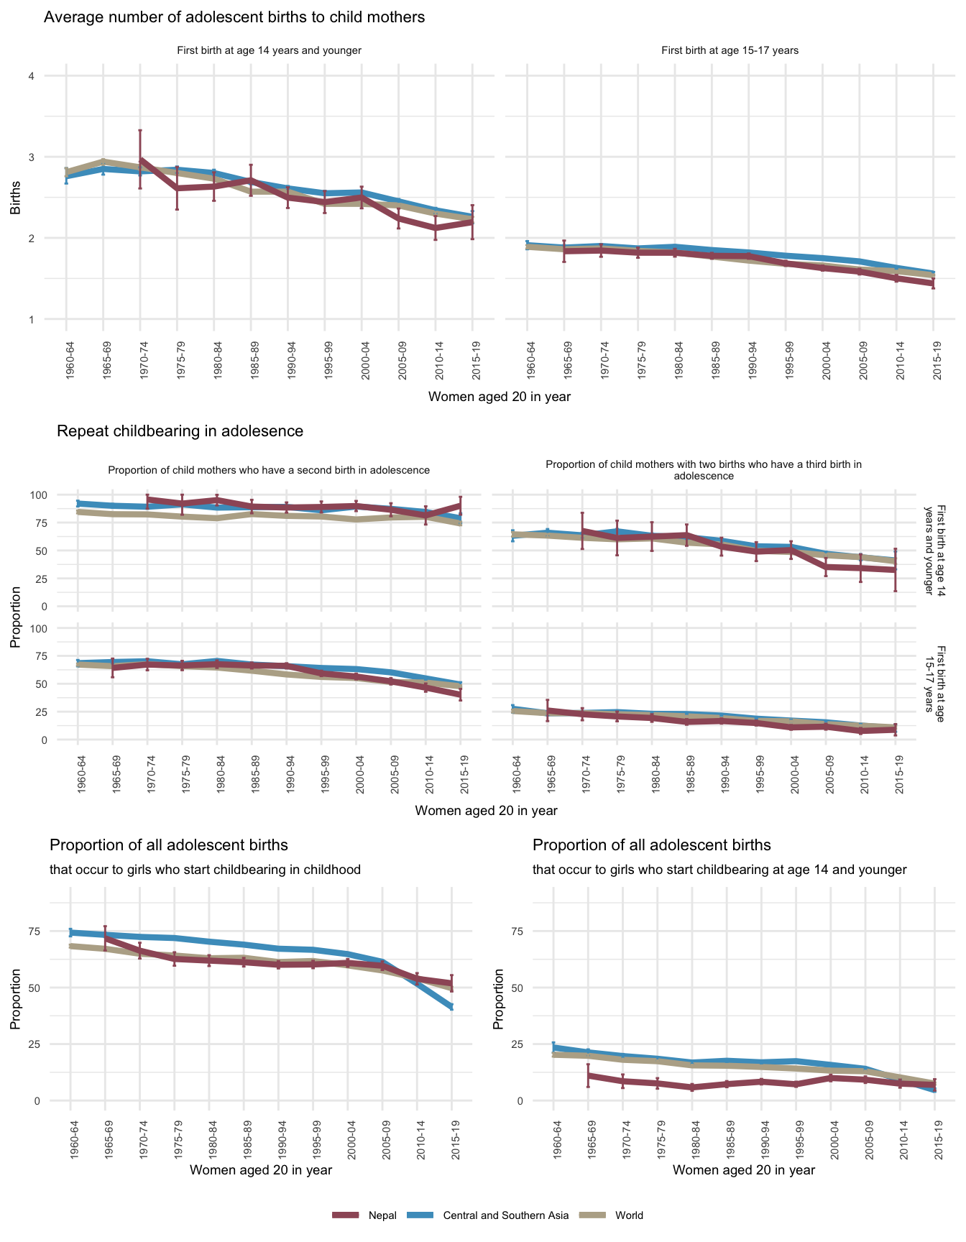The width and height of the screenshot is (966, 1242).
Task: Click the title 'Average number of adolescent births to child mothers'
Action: [x=234, y=17]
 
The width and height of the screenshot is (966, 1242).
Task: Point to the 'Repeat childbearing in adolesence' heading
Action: [x=180, y=431]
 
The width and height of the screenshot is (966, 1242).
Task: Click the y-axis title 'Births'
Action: [x=15, y=198]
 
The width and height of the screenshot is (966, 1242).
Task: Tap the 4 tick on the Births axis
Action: [x=32, y=76]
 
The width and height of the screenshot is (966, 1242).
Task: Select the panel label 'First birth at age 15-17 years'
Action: [x=730, y=51]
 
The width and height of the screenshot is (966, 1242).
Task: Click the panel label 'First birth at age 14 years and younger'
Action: [x=269, y=51]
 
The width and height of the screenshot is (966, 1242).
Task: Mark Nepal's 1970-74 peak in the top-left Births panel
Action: [x=140, y=160]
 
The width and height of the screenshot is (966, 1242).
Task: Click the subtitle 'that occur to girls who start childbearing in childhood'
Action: [x=205, y=870]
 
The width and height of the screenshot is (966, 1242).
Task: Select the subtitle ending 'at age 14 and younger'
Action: [x=719, y=870]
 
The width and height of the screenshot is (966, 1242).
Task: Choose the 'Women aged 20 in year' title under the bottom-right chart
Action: [x=744, y=1169]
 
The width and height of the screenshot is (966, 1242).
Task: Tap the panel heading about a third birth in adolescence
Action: [x=704, y=470]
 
